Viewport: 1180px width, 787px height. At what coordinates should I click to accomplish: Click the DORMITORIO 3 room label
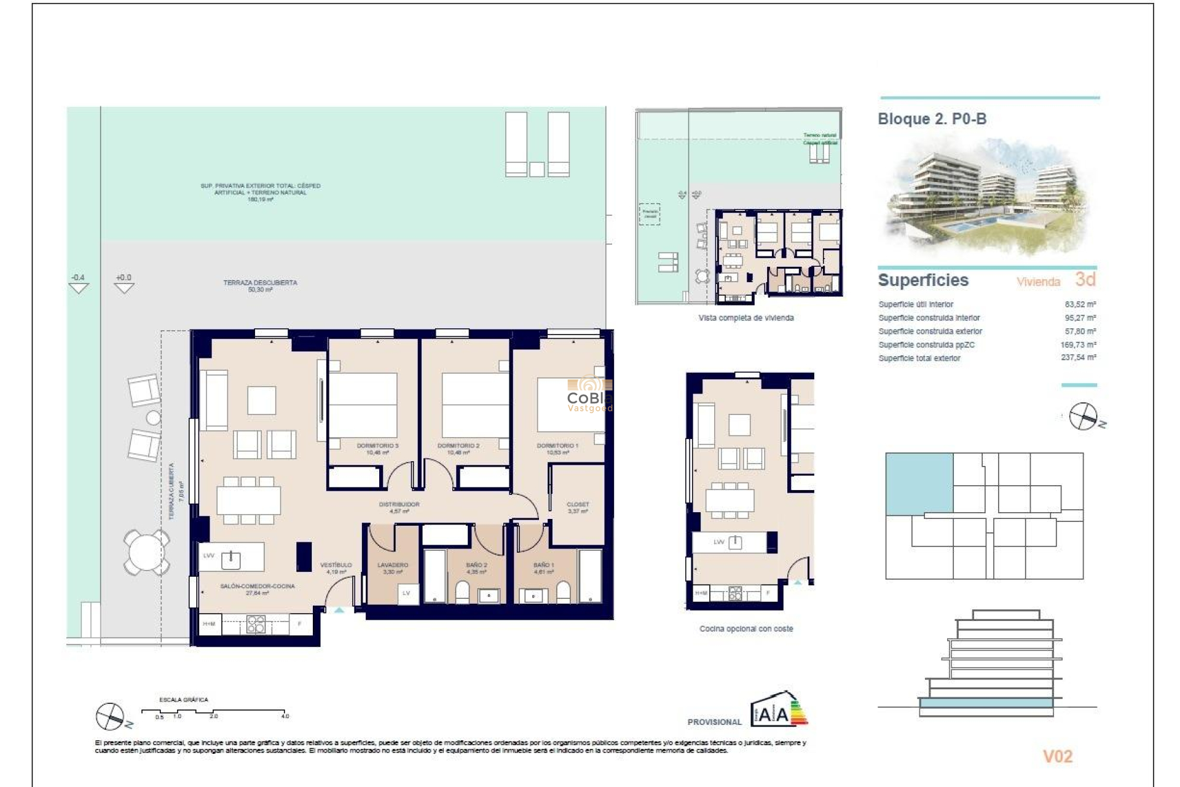[x=377, y=446]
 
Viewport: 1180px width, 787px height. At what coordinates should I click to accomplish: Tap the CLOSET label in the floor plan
[x=577, y=504]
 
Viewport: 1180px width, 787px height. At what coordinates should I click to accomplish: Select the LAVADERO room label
[x=392, y=564]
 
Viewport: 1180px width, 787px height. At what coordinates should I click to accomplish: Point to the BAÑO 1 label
[x=543, y=564]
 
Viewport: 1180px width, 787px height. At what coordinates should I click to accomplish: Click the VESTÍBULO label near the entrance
[x=336, y=564]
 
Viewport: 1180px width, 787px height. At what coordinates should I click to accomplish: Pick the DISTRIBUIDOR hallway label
[x=399, y=504]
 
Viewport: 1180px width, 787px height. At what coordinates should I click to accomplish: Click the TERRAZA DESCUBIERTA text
[x=260, y=283]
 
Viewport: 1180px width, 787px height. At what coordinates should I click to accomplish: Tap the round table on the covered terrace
[x=146, y=552]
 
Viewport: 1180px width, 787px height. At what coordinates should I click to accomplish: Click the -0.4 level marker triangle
[x=78, y=287]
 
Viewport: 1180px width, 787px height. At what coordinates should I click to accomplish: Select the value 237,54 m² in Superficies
[x=1078, y=357]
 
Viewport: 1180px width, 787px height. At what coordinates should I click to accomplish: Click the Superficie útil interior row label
[x=916, y=304]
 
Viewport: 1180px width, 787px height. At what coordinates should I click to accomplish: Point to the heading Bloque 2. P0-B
[x=932, y=119]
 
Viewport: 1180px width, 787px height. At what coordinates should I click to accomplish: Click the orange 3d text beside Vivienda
[x=1085, y=280]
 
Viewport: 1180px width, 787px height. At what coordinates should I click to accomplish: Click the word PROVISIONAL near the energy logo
[x=714, y=722]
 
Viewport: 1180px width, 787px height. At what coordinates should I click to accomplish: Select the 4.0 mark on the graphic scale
[x=285, y=716]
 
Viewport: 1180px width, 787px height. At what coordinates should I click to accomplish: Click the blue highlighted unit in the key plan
[x=919, y=483]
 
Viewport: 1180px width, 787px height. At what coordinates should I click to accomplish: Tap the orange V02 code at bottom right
[x=1057, y=756]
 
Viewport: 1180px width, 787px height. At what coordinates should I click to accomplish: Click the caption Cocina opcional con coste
[x=745, y=628]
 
